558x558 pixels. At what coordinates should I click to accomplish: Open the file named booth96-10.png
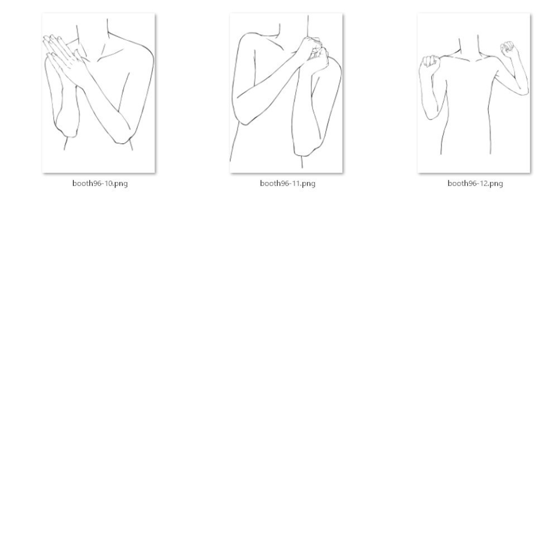[x=99, y=93]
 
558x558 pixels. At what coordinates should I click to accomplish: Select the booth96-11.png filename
[x=287, y=183]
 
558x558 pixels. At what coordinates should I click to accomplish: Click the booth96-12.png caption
[x=475, y=183]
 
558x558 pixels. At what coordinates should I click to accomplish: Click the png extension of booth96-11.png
[x=309, y=184]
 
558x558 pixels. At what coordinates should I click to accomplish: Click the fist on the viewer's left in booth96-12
[x=430, y=61]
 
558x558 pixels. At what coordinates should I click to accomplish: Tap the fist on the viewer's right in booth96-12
[x=508, y=49]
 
